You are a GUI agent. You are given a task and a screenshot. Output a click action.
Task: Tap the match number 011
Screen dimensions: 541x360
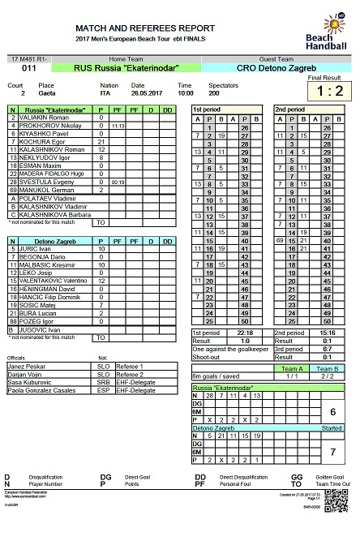28,69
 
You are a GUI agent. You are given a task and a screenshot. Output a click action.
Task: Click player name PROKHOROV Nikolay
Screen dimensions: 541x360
41,127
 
